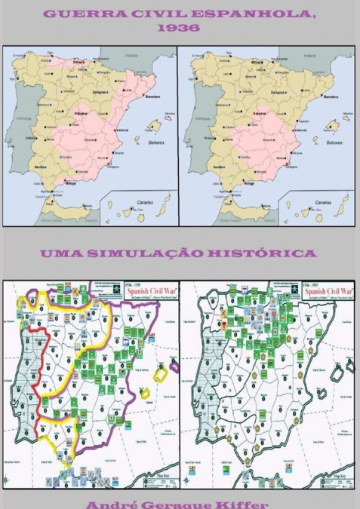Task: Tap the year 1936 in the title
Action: pos(179,28)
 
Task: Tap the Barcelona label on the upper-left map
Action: pos(150,97)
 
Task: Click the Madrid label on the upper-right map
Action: pos(260,113)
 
